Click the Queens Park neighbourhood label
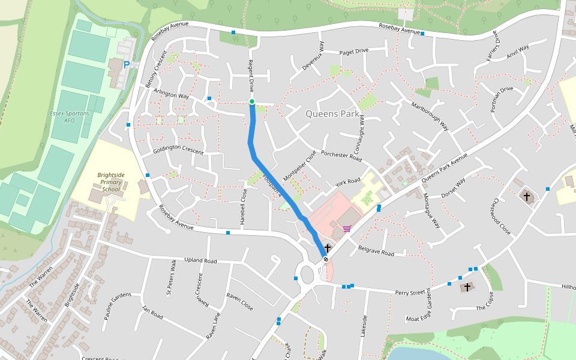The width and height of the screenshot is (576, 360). [332, 113]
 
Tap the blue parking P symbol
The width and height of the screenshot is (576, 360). [127, 64]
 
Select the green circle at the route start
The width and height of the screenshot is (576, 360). [252, 101]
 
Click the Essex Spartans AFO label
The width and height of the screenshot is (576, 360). [69, 116]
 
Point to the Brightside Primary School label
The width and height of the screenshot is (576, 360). [111, 182]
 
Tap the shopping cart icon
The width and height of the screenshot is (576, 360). [347, 228]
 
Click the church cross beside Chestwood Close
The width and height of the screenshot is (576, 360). [527, 196]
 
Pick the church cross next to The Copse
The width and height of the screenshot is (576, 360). [467, 287]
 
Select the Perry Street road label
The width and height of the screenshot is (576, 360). [410, 293]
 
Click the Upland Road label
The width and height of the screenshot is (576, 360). [201, 261]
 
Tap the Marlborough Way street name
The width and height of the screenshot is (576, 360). [430, 116]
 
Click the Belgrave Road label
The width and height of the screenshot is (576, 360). [376, 250]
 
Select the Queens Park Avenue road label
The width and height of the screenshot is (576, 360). [444, 168]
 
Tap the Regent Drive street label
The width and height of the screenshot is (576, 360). [251, 76]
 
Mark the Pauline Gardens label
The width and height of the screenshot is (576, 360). [117, 306]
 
